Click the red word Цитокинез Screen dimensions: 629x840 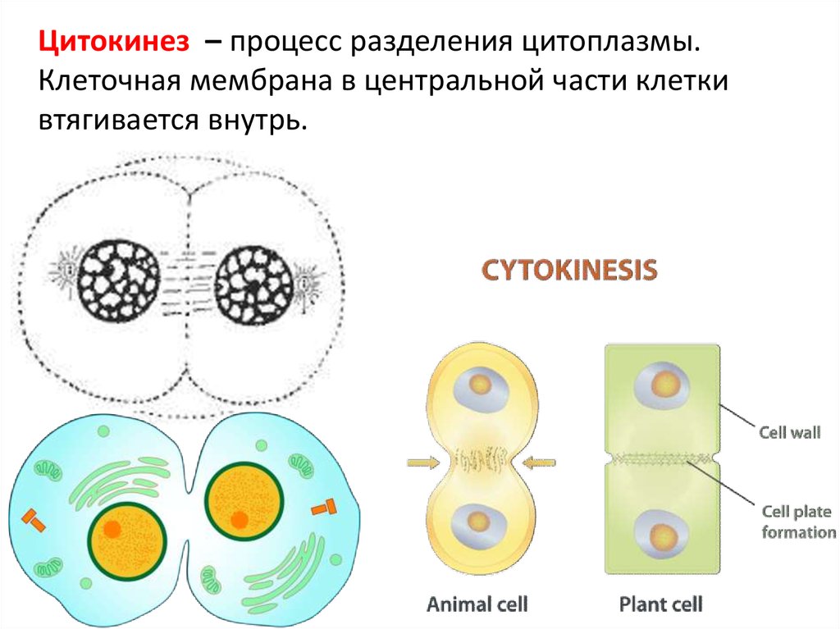point(112,42)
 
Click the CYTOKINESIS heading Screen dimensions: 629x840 point(568,271)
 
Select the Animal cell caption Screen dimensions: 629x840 point(477,604)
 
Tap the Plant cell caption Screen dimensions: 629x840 point(660,604)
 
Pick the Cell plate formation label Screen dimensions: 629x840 point(797,522)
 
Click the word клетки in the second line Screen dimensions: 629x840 point(673,81)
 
